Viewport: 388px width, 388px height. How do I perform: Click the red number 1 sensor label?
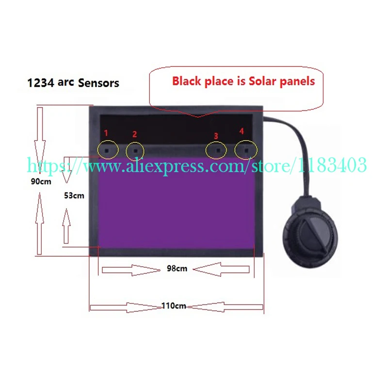click(x=107, y=132)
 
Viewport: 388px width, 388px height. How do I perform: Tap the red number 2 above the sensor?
click(x=135, y=134)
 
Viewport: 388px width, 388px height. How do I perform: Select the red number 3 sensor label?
click(x=216, y=136)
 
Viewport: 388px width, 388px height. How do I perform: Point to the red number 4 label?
click(x=242, y=131)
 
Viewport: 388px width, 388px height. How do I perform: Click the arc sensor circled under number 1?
click(x=108, y=150)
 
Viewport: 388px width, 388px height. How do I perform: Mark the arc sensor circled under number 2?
click(x=135, y=151)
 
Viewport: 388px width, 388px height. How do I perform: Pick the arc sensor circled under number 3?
click(x=216, y=151)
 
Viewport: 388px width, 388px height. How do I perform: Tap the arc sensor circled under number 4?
click(x=245, y=150)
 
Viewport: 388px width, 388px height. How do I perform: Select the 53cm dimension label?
click(x=74, y=196)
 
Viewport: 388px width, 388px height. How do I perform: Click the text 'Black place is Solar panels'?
click(x=243, y=81)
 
